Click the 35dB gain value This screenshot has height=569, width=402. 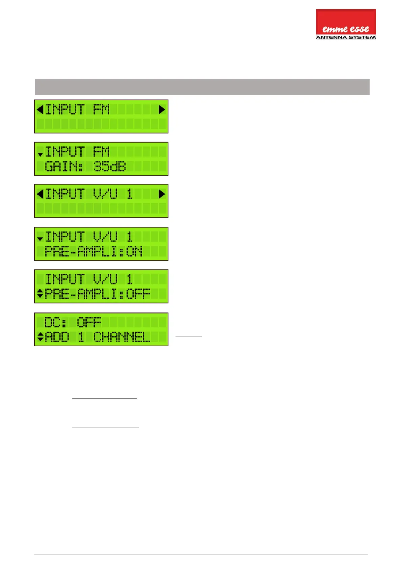(109, 167)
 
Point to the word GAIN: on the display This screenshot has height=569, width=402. (64, 167)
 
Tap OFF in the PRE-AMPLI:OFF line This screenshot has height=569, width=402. (138, 294)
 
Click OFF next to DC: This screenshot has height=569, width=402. (89, 322)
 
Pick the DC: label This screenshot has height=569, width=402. (56, 322)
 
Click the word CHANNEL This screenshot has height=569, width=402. (122, 337)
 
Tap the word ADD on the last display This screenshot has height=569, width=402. (57, 337)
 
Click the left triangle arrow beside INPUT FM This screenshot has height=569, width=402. (40, 109)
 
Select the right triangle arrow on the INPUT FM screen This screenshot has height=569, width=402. (162, 109)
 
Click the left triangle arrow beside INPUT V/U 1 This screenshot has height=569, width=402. (40, 194)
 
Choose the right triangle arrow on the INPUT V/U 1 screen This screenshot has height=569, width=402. (162, 194)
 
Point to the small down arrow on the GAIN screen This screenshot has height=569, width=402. (40, 155)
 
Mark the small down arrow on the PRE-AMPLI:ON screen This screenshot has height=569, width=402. (40, 239)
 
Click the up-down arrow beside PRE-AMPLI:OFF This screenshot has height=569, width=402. (40, 294)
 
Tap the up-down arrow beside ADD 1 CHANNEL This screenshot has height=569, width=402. (40, 337)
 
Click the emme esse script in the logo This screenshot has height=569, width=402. (345, 29)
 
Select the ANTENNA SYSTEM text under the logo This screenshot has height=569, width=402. (346, 37)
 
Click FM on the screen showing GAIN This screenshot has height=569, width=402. (101, 152)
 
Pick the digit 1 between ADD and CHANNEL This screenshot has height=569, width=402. (81, 337)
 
